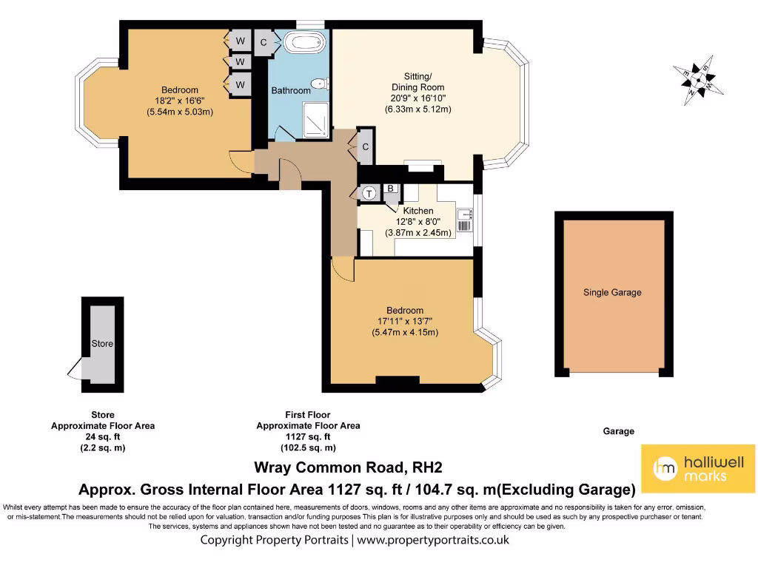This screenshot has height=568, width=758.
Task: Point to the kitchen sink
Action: [x=465, y=217]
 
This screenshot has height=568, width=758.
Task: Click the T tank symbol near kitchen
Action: [x=369, y=193]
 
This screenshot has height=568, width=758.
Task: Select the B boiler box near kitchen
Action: [x=390, y=188]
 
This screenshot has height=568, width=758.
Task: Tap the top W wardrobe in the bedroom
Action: [x=240, y=40]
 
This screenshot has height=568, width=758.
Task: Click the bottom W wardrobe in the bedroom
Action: [x=240, y=85]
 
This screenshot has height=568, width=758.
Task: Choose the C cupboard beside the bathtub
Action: [x=264, y=42]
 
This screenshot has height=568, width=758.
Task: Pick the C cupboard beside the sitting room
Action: [x=365, y=146]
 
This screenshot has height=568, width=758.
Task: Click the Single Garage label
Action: [x=612, y=292]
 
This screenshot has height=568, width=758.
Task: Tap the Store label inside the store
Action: [x=102, y=344]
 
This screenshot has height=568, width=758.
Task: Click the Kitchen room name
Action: [x=418, y=211]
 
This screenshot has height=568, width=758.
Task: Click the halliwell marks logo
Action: [x=697, y=469]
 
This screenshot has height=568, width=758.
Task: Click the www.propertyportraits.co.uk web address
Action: [x=433, y=540]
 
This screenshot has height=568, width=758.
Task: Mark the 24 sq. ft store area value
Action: [x=103, y=436]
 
